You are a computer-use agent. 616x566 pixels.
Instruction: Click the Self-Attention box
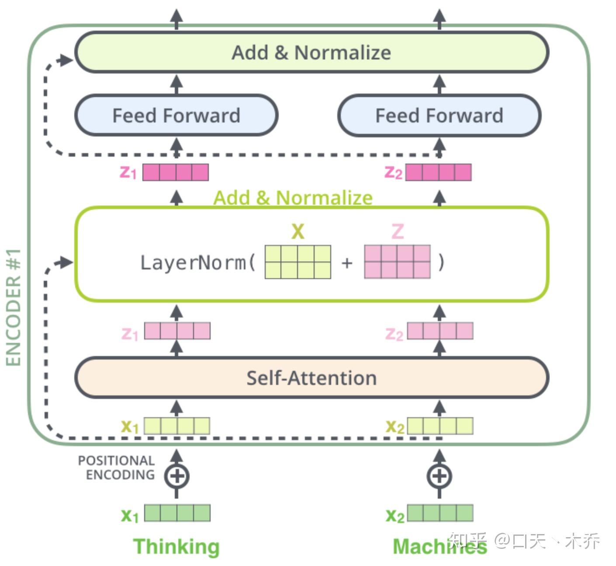point(311,378)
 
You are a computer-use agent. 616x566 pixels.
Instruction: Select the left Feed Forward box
point(176,115)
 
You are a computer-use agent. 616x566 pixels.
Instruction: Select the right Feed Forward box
point(440,115)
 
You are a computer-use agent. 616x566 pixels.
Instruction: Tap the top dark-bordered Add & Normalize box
point(311,52)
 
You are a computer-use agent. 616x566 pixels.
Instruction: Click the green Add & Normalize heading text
point(293,198)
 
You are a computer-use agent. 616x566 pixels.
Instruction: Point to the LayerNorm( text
point(198,263)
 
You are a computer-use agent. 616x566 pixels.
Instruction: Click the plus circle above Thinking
point(176,476)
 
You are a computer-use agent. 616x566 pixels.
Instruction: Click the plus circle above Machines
point(440,476)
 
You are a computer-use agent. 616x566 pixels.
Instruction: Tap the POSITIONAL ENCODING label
point(116,468)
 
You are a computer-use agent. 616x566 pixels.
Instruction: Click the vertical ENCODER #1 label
point(13,308)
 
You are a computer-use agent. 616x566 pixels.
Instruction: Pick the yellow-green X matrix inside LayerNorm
point(298,262)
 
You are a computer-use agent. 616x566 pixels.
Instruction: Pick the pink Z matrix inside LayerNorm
point(398,262)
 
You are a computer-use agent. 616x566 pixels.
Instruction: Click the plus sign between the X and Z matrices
point(347,263)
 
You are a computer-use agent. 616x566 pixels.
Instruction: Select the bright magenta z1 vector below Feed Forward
point(176,172)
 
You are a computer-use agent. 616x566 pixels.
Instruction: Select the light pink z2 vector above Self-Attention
point(440,331)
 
